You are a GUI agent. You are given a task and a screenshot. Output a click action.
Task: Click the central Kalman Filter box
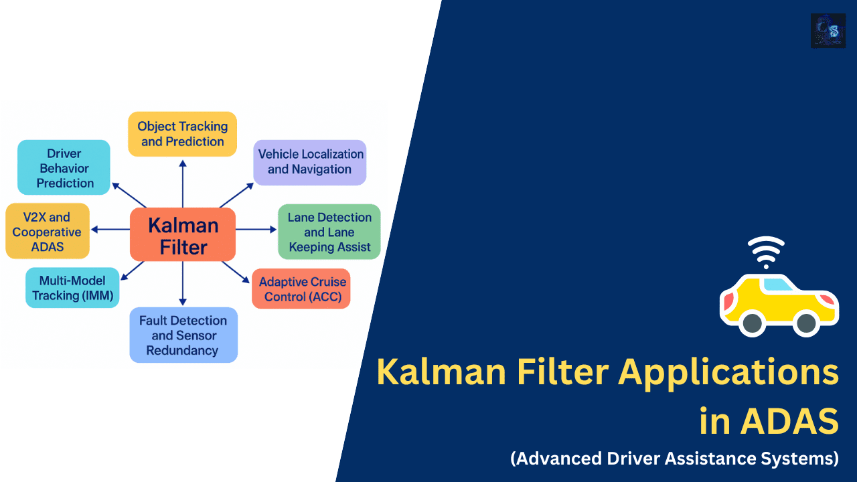click(x=183, y=235)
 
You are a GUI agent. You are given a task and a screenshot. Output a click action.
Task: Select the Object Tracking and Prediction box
click(x=182, y=134)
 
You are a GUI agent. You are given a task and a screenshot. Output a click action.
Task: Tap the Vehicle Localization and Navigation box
click(x=310, y=162)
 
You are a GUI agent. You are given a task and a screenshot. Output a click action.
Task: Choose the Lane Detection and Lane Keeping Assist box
click(x=329, y=232)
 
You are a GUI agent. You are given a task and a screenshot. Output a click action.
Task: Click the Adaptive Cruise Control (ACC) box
click(x=301, y=289)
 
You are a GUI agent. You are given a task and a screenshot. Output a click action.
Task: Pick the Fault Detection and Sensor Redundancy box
click(x=183, y=335)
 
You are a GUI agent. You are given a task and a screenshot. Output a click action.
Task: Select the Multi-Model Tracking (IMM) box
click(x=72, y=288)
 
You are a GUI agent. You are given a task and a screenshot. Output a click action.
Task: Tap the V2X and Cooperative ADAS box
click(x=47, y=231)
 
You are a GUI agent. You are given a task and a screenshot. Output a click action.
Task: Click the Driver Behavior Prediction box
click(x=64, y=167)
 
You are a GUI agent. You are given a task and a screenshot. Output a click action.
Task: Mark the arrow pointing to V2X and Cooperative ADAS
click(x=110, y=229)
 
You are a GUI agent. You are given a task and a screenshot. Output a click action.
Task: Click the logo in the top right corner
click(x=828, y=31)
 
